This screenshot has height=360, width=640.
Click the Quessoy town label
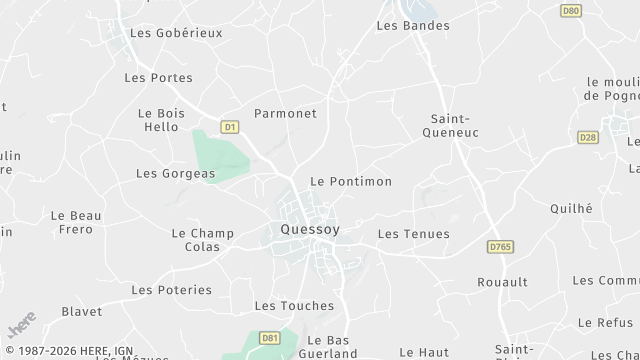pos(305,229)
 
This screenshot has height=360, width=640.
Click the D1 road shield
pos(230,127)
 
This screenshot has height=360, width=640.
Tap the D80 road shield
pos(571,10)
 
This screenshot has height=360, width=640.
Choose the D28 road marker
pos(588,137)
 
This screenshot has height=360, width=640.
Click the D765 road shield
pos(500,245)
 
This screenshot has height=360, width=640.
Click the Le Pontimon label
pos(351,181)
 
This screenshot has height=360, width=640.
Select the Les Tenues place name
pos(414,234)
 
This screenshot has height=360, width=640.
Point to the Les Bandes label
pos(413,25)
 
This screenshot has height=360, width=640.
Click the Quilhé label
pos(571,208)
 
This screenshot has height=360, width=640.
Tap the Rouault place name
pos(502,282)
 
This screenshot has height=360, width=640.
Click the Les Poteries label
pos(172,290)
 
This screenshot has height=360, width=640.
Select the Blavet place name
pos(82,312)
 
